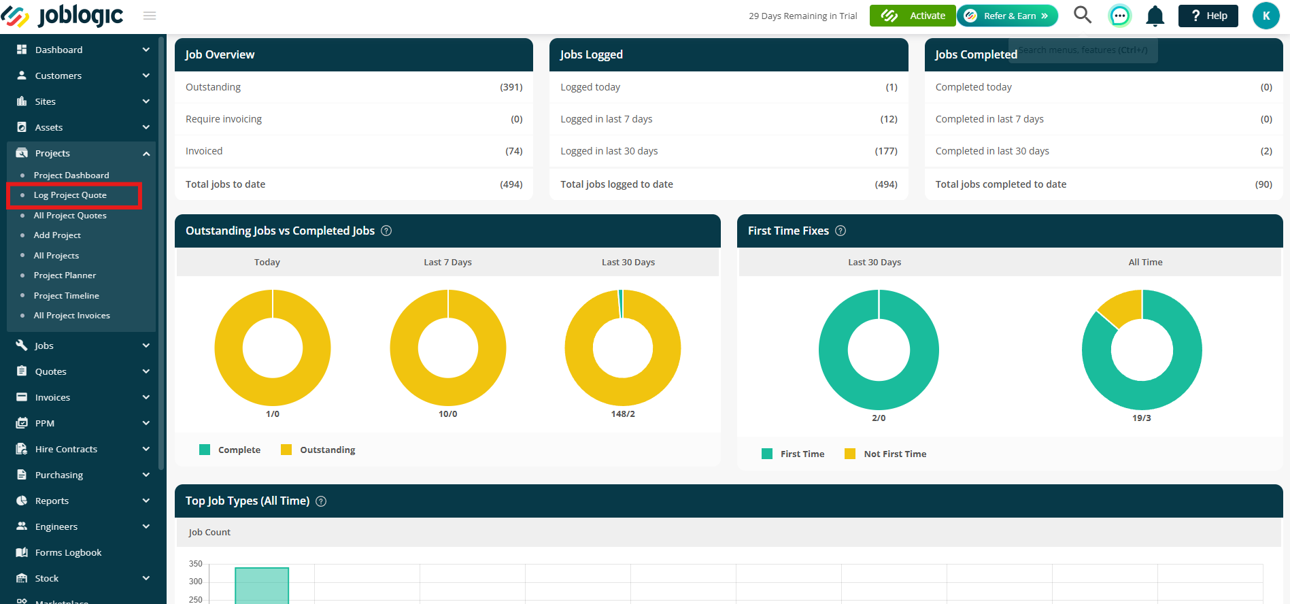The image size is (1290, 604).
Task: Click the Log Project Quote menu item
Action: click(x=70, y=195)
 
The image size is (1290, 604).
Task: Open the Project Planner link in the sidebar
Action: click(x=65, y=275)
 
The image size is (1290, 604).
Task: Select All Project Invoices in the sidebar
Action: click(x=71, y=316)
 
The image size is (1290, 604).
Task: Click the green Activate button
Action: click(x=913, y=16)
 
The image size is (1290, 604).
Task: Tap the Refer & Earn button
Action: click(x=1008, y=16)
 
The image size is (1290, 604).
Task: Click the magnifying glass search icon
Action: click(x=1083, y=15)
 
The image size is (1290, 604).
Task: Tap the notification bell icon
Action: click(x=1155, y=16)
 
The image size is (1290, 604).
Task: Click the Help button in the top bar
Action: click(x=1208, y=16)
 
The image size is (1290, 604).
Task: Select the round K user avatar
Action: click(x=1266, y=16)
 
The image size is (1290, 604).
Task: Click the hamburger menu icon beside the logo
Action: click(x=150, y=16)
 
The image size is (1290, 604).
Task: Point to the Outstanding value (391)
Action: click(x=511, y=87)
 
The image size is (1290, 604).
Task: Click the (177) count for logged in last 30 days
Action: click(x=886, y=151)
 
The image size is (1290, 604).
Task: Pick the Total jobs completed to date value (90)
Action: click(x=1263, y=184)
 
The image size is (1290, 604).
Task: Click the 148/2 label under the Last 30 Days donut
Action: click(x=623, y=414)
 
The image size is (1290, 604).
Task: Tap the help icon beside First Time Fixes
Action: click(x=841, y=231)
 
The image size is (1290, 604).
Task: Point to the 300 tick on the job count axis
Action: click(x=196, y=582)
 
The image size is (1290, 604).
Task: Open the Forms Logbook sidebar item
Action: click(x=68, y=552)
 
